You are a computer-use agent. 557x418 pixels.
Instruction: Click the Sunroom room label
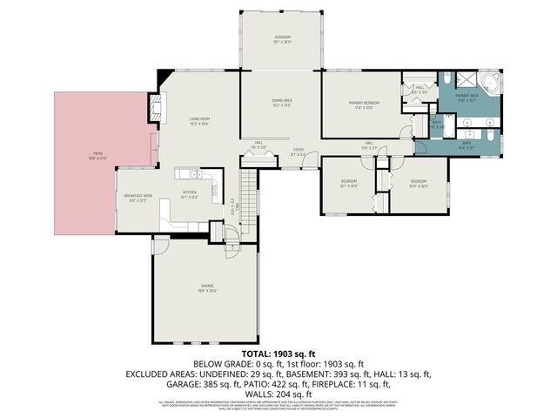280,39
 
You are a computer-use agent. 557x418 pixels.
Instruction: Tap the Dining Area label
280,103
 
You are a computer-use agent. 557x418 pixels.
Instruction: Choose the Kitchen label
189,193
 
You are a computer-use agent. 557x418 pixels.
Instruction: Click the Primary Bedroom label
361,105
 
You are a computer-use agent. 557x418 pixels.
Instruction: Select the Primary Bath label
466,98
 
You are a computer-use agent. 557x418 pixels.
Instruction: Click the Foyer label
298,152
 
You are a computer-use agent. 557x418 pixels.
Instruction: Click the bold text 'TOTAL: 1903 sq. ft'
278,354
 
